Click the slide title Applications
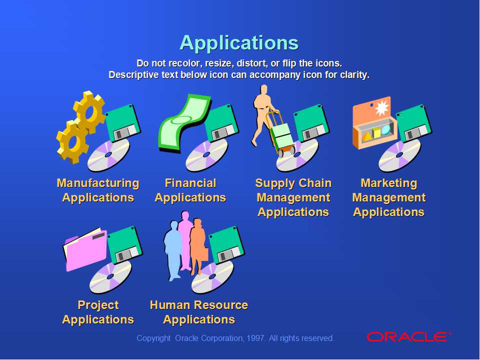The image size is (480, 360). click(x=239, y=43)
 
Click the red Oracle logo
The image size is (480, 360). click(x=407, y=337)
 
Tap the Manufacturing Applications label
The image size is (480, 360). click(x=98, y=190)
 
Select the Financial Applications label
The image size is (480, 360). click(x=190, y=190)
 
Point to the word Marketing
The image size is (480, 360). click(x=388, y=183)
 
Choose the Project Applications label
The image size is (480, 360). click(x=98, y=312)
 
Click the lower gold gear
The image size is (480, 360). click(x=73, y=141)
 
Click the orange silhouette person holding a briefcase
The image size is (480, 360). click(x=198, y=245)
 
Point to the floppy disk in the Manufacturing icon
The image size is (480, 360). click(x=123, y=122)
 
